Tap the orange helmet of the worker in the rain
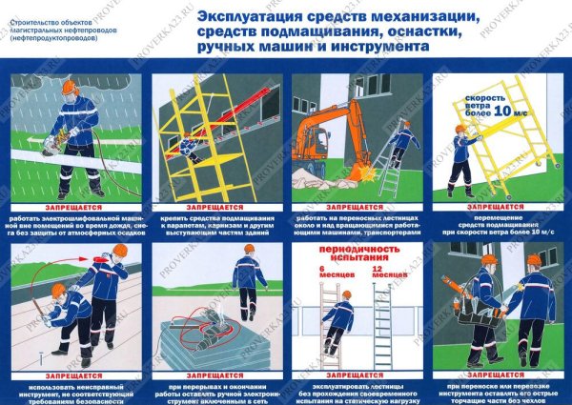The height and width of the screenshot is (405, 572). (69, 87)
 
